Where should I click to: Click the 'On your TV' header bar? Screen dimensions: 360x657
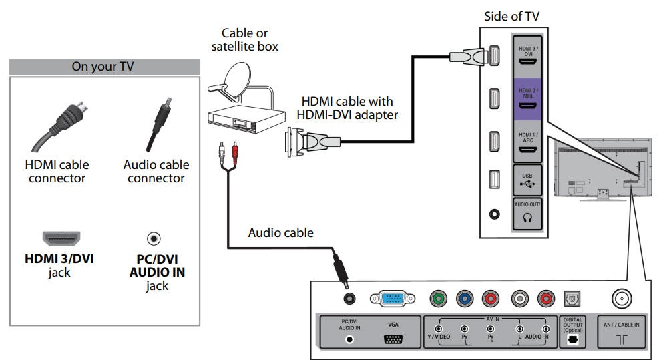pos(105,67)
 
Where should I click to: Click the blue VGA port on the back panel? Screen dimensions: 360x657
pos(388,299)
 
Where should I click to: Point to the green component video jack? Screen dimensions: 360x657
pos(438,299)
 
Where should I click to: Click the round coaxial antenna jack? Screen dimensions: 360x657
pos(622,299)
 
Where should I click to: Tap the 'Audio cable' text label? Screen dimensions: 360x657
pos(280,233)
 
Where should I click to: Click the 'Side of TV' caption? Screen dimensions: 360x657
pos(512,17)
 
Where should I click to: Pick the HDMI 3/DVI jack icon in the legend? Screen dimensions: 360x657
pos(61,238)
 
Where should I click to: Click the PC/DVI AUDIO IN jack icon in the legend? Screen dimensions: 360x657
pos(154,238)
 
